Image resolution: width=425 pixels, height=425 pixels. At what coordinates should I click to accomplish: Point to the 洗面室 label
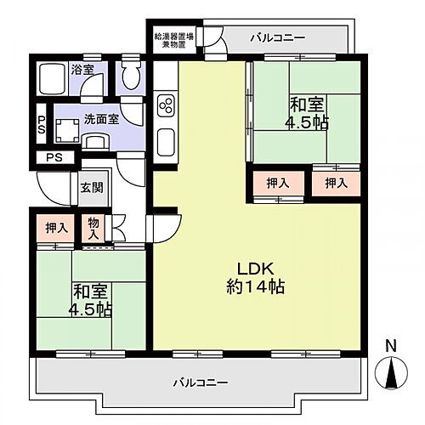pos(100,121)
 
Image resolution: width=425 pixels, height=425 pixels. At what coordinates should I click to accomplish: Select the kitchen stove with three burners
pos(167,105)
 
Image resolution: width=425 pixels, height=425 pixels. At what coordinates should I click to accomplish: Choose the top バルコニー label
pos(277,37)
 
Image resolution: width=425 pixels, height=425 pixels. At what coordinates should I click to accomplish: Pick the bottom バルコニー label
pos(201,382)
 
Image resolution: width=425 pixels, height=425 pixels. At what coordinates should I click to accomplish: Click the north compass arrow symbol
pos(390,372)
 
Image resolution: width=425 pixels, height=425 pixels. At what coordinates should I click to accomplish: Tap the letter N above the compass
pos(390,345)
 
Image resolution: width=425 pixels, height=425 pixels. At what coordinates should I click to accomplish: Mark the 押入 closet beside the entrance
pos(57,227)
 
